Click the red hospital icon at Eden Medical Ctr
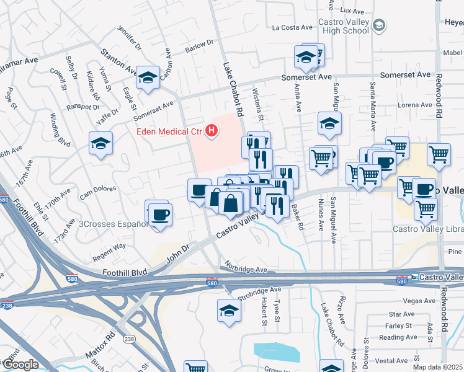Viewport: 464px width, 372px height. (x=213, y=131)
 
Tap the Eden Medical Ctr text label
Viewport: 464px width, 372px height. (x=171, y=131)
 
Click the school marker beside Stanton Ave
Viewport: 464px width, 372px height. (x=148, y=78)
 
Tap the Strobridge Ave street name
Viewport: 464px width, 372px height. (x=259, y=290)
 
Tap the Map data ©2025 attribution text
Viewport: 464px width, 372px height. (x=437, y=367)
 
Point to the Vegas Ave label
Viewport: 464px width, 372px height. (x=419, y=301)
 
